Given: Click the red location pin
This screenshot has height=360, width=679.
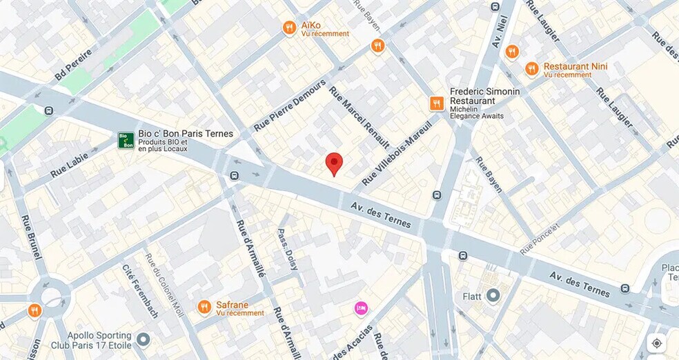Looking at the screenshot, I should (x=334, y=163).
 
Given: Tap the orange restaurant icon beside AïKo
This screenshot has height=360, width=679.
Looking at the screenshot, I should (x=290, y=28).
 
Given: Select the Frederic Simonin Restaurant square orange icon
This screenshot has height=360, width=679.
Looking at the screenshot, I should (x=437, y=103).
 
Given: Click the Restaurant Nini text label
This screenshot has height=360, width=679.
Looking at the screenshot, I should (x=575, y=66).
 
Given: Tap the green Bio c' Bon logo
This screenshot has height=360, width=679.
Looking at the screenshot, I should (x=126, y=140).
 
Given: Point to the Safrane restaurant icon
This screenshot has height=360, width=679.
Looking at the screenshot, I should (x=204, y=307).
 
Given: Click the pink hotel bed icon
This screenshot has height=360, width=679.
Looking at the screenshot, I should (x=361, y=308).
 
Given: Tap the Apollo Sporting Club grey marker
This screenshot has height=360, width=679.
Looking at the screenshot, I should (x=143, y=339).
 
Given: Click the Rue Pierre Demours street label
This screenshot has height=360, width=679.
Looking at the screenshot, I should (x=289, y=106).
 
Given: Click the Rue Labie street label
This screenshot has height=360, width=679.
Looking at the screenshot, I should (x=70, y=166).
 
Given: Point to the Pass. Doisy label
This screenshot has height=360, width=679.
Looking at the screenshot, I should (x=288, y=249).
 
